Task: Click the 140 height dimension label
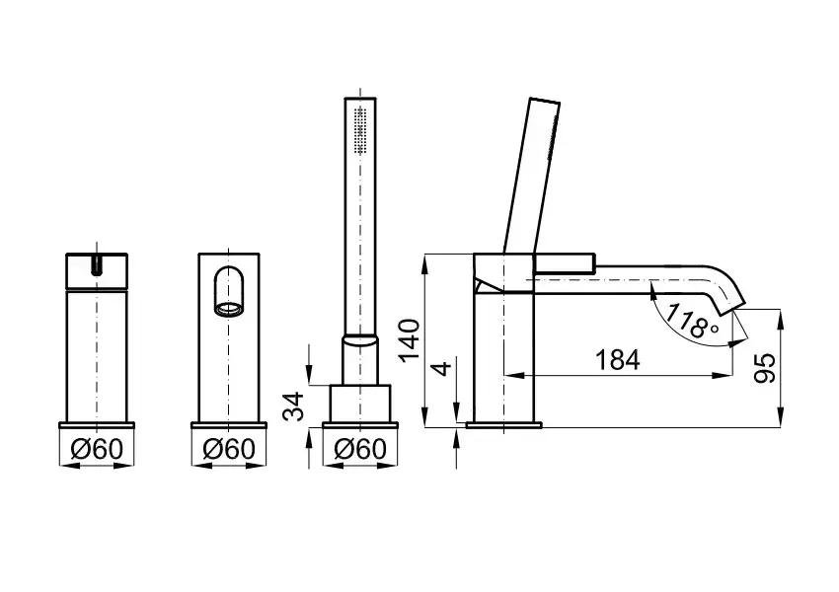point(411,340)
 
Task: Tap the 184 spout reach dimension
point(618,360)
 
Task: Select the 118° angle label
point(694,321)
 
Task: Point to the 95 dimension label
point(765,368)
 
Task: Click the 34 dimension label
point(293,406)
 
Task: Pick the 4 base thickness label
point(442,368)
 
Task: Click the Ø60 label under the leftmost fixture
point(97,449)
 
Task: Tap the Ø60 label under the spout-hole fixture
point(229,449)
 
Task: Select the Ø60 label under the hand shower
point(360,449)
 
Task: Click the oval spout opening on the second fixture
point(229,290)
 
